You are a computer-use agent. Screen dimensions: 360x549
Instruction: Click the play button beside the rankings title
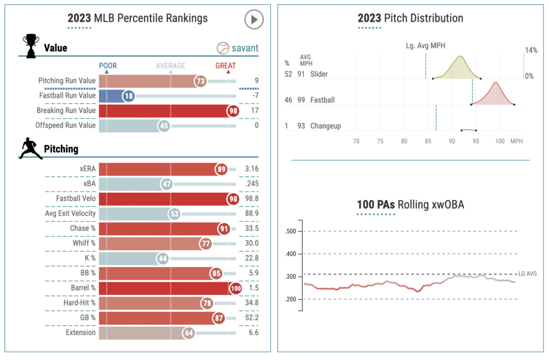254,19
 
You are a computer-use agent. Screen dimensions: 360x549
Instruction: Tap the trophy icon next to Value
31,46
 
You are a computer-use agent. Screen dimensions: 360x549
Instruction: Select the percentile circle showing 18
128,96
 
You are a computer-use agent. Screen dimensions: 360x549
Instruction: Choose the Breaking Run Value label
66,111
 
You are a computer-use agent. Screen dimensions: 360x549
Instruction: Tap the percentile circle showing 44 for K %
163,259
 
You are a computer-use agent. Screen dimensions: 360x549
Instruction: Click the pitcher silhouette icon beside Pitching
31,149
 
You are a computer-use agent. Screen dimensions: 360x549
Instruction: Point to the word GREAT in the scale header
225,66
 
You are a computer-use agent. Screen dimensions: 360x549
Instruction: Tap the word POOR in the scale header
108,66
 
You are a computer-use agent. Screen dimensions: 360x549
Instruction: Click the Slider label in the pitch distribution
319,74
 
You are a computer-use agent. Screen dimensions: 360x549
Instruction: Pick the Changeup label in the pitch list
325,126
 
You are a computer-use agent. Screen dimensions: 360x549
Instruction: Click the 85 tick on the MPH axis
428,141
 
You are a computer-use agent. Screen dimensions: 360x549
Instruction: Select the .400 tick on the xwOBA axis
290,254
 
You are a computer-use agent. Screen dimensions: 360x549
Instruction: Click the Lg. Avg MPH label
426,46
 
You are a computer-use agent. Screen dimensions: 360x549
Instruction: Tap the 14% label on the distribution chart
531,50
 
